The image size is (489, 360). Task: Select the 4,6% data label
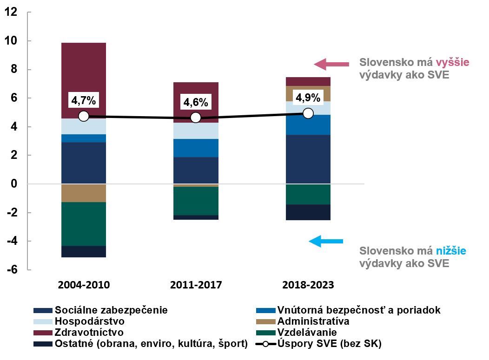(x=196, y=102)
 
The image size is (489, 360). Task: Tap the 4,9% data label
(x=308, y=98)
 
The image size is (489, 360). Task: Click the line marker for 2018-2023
(x=308, y=113)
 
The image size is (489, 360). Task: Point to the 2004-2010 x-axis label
(x=84, y=285)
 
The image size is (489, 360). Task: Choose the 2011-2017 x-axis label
(x=196, y=285)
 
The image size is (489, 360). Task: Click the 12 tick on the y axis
(x=11, y=13)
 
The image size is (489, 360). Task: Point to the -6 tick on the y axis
(x=11, y=270)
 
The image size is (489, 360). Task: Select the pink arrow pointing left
(x=330, y=64)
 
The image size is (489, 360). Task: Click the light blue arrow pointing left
(x=326, y=241)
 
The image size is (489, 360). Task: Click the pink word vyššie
(x=452, y=62)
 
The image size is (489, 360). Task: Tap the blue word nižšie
(x=451, y=251)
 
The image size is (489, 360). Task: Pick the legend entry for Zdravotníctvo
(x=88, y=333)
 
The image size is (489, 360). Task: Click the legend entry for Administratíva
(x=312, y=321)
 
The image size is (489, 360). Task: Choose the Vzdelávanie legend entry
(x=306, y=333)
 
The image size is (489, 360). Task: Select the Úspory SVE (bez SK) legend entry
(x=329, y=344)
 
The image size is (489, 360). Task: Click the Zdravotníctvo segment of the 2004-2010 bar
(x=84, y=80)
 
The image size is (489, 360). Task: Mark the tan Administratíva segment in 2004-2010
(x=84, y=193)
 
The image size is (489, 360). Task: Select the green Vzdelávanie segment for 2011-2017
(x=196, y=201)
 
